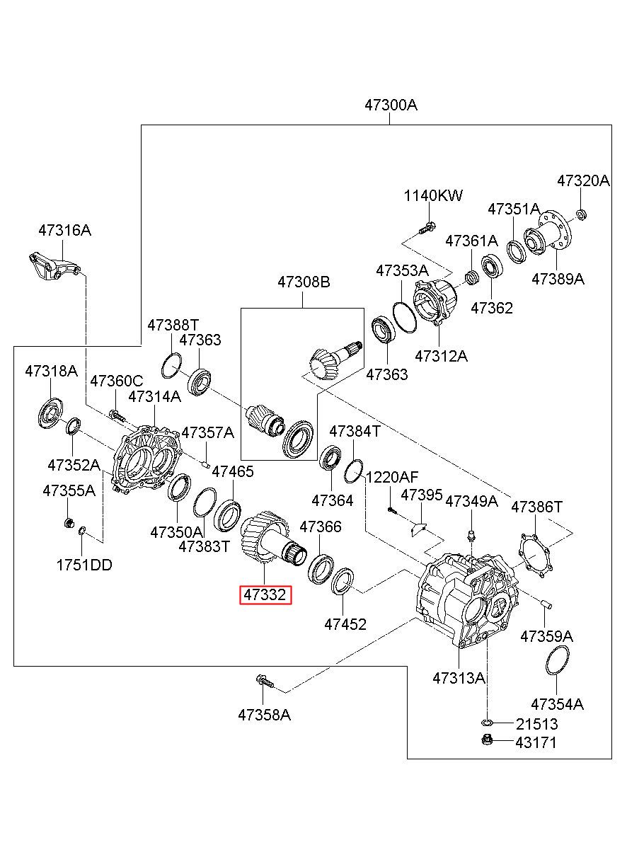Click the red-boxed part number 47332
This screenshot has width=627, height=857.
coord(265,594)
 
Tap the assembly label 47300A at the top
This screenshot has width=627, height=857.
coord(391,105)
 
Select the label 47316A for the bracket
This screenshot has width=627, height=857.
coord(64,231)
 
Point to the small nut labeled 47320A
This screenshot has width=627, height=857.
coord(581,214)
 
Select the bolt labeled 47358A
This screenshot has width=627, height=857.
coord(265,681)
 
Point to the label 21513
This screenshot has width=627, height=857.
coord(536,724)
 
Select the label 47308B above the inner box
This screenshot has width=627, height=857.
coord(304,282)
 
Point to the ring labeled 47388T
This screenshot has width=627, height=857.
coord(171,365)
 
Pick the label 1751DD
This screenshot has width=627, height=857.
coord(84,565)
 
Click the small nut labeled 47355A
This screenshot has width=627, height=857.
coord(69,522)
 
